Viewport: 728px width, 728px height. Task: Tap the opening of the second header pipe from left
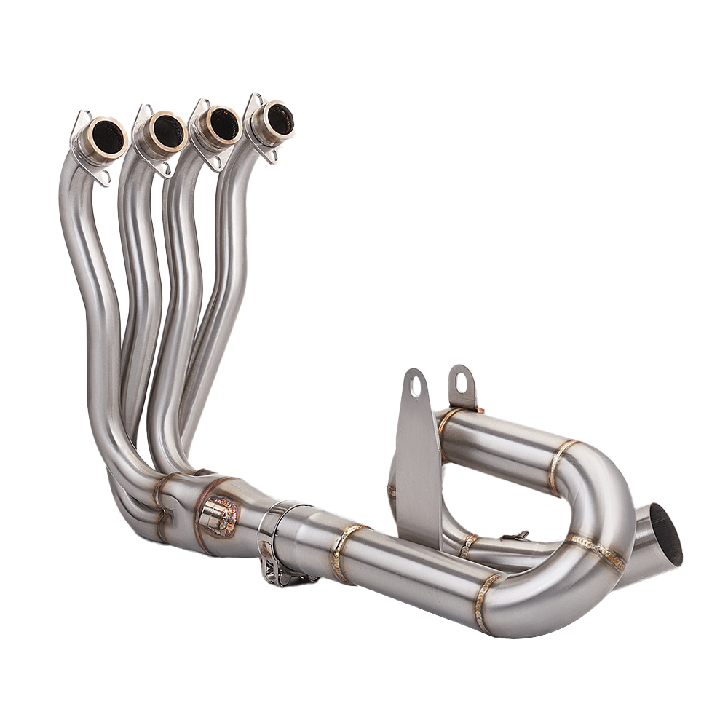coord(169,131)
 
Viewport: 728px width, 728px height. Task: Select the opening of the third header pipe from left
coord(223,124)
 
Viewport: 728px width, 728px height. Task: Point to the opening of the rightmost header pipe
coord(280,119)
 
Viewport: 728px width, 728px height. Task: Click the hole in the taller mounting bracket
coord(415,384)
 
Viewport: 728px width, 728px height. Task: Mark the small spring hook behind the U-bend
coord(515,535)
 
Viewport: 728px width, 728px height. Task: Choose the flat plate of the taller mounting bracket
coord(419,466)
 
